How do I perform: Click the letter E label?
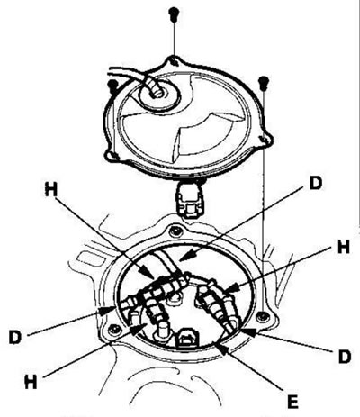(x=292, y=402)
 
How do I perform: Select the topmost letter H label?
(x=50, y=189)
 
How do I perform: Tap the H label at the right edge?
(x=344, y=248)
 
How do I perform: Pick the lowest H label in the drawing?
(x=31, y=382)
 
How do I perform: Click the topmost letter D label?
(x=315, y=183)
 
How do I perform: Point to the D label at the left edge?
(x=15, y=337)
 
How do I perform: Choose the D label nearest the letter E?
(x=344, y=356)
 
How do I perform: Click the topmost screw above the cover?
(x=174, y=14)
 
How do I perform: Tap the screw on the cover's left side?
(x=112, y=86)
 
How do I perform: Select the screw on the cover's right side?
(x=263, y=82)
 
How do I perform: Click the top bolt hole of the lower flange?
(x=175, y=231)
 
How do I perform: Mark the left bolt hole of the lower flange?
(x=115, y=330)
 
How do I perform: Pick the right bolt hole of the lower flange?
(x=264, y=316)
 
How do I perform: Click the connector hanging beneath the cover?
(x=190, y=199)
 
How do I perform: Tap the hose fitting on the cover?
(x=156, y=87)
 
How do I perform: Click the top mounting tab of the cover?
(x=173, y=60)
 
